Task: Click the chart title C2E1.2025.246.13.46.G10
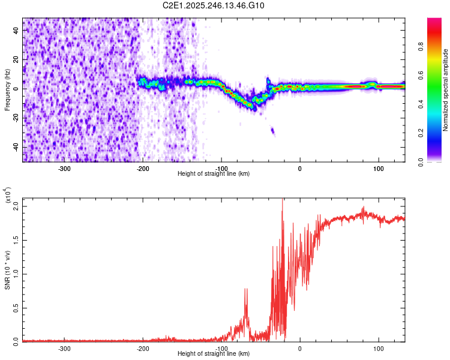(214, 5)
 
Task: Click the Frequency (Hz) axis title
(8, 91)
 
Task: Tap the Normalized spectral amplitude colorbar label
(446, 91)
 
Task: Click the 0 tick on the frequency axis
(17, 88)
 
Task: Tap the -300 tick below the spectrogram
(64, 169)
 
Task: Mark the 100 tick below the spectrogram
(379, 169)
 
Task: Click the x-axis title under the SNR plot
(214, 354)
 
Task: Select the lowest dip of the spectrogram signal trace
(254, 109)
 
